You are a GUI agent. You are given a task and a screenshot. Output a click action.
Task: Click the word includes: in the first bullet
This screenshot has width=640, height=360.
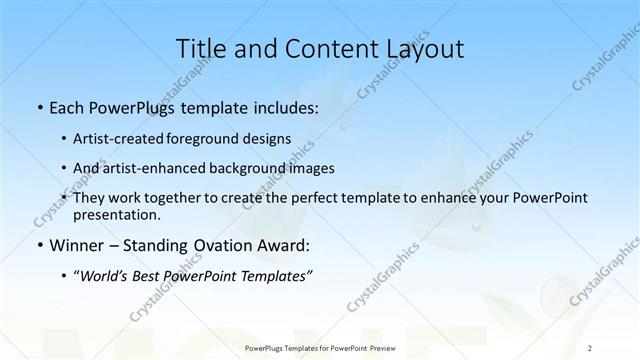(x=285, y=107)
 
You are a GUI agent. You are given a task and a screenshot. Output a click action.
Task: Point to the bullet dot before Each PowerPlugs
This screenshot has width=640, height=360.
(x=39, y=108)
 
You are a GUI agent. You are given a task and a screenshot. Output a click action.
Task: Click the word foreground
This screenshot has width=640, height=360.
(x=219, y=139)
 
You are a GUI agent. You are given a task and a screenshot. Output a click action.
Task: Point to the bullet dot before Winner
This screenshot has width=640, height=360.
(x=39, y=246)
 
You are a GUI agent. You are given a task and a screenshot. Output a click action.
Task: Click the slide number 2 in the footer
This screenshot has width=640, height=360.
(x=590, y=347)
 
